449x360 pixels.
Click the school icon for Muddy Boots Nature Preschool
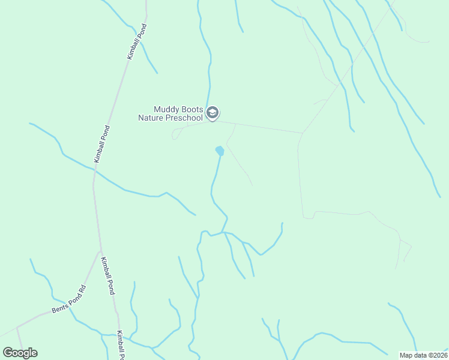click(212, 112)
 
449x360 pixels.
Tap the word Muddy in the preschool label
click(166, 109)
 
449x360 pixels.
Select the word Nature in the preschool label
click(151, 118)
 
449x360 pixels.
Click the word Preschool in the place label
click(185, 118)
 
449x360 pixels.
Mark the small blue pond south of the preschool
click(220, 150)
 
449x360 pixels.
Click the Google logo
click(20, 352)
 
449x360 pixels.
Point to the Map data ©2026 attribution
click(423, 355)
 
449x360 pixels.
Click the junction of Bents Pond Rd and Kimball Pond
click(100, 252)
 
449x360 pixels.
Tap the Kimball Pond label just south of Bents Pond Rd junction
click(107, 275)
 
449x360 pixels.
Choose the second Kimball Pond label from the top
click(101, 144)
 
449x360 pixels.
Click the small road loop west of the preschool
click(176, 134)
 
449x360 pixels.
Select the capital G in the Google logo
click(8, 352)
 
